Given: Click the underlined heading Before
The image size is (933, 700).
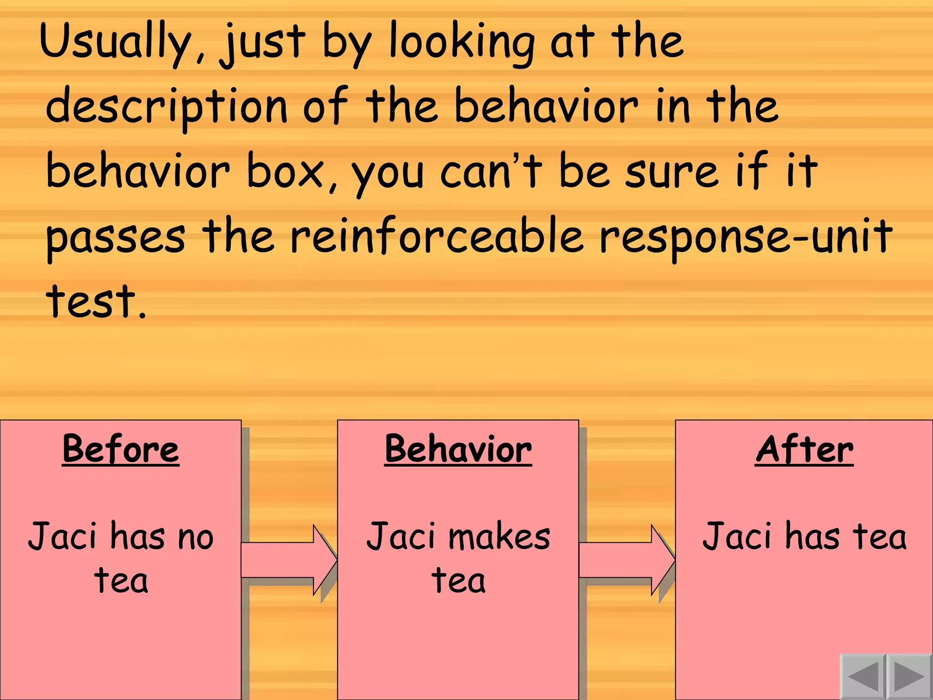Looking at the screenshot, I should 121,449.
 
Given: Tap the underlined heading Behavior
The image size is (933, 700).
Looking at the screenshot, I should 458,449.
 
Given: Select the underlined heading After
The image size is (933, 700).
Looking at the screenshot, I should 804,449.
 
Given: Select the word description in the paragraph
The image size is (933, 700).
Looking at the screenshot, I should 166,108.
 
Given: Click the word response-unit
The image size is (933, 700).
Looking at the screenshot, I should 745,237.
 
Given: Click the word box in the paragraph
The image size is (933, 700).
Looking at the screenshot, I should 285,172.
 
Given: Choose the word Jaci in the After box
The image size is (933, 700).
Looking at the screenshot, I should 734,537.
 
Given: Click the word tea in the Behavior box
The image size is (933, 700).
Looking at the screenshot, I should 458,581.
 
